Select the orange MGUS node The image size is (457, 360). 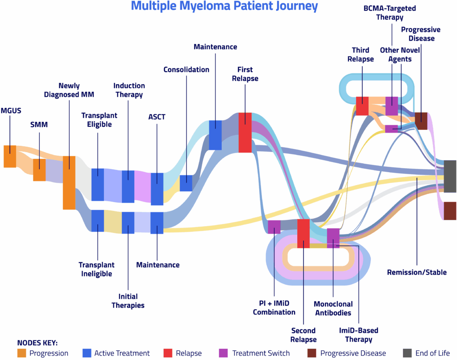(x=10, y=157)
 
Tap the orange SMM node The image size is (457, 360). (x=39, y=170)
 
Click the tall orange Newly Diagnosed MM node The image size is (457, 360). (x=69, y=182)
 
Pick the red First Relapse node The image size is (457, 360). (x=245, y=132)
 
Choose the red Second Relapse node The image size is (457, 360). (x=303, y=233)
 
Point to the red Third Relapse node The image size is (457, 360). (x=362, y=106)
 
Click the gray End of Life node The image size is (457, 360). (x=450, y=176)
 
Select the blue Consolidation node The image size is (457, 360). (x=186, y=183)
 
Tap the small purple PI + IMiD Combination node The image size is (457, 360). (x=274, y=227)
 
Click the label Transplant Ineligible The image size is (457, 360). (x=96, y=269)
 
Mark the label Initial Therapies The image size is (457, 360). (x=128, y=301)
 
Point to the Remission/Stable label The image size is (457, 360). (x=416, y=272)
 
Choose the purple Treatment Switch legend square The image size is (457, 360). (x=224, y=353)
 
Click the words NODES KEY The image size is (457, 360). (x=37, y=343)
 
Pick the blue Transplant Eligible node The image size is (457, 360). (x=98, y=185)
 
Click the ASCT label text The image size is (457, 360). (x=157, y=117)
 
